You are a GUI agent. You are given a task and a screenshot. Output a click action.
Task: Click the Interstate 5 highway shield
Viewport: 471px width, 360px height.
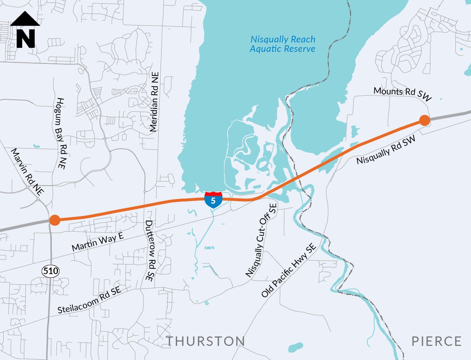point(213,200)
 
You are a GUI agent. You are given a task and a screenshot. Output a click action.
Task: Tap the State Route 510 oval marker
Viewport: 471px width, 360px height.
point(51,271)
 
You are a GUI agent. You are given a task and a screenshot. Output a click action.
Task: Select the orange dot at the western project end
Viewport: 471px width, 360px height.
point(55,220)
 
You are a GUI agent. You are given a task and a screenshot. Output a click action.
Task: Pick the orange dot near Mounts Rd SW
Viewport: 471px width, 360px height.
point(425,120)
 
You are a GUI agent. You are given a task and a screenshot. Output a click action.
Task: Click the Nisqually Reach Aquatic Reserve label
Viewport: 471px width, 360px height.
point(283,44)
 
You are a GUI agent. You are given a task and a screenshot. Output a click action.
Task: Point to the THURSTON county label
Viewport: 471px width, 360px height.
point(205,342)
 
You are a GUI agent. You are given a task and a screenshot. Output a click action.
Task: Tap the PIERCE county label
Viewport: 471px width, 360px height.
point(437,342)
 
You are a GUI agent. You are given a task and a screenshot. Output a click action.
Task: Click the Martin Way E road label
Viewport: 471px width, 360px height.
point(97,242)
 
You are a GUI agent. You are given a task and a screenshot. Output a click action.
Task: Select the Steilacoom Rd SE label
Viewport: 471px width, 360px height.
point(89,300)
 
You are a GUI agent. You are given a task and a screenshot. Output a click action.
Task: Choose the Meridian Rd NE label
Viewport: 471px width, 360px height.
point(154,102)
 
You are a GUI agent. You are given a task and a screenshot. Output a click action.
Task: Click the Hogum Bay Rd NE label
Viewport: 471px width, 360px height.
point(61,133)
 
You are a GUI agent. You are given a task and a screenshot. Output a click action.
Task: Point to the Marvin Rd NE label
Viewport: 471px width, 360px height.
point(27,171)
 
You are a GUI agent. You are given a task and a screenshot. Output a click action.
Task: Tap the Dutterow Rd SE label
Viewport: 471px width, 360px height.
point(150,251)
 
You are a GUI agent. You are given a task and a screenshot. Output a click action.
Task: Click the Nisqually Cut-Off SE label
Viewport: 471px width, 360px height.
point(261,240)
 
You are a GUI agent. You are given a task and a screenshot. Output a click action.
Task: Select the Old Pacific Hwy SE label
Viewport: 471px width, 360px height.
point(289,270)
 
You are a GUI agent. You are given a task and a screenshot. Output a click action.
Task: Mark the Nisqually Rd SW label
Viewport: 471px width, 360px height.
point(386,150)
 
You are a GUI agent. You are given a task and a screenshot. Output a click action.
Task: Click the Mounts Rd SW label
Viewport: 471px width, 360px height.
point(403,94)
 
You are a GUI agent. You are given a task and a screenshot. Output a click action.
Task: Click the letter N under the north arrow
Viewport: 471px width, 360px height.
point(26,38)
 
